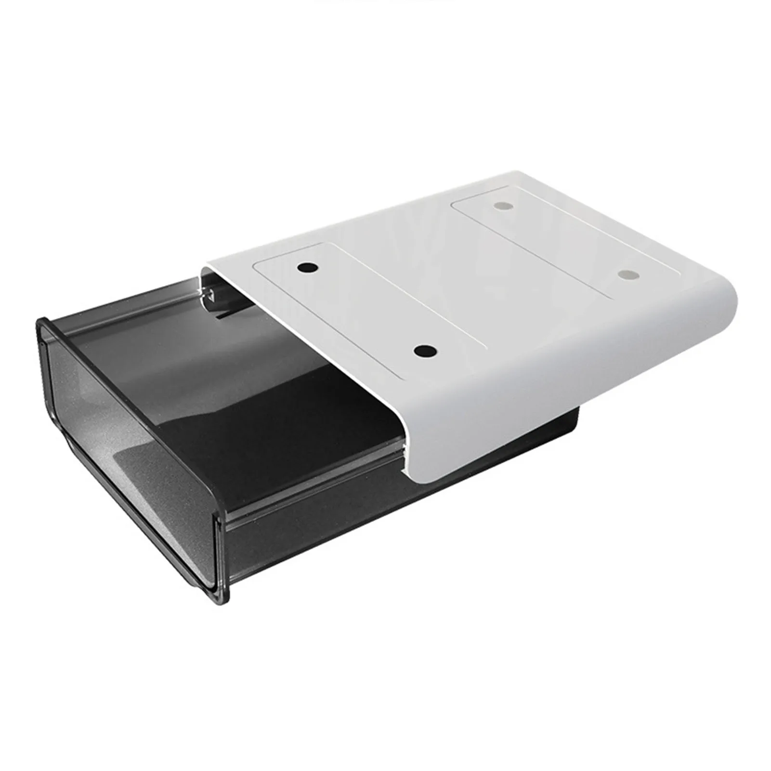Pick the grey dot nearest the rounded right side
tap(627, 275)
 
